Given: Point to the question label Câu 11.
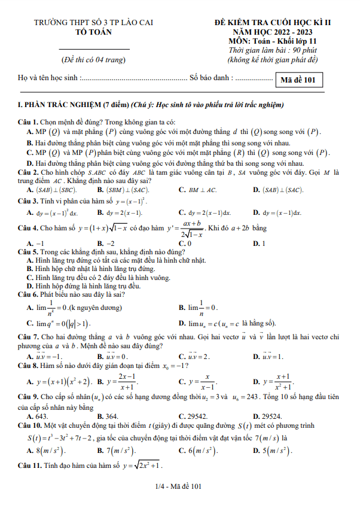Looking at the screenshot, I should coord(30,465).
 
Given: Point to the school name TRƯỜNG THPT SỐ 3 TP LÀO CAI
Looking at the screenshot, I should coord(94,24).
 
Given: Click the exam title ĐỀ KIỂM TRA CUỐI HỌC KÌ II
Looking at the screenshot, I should coord(272,24).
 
